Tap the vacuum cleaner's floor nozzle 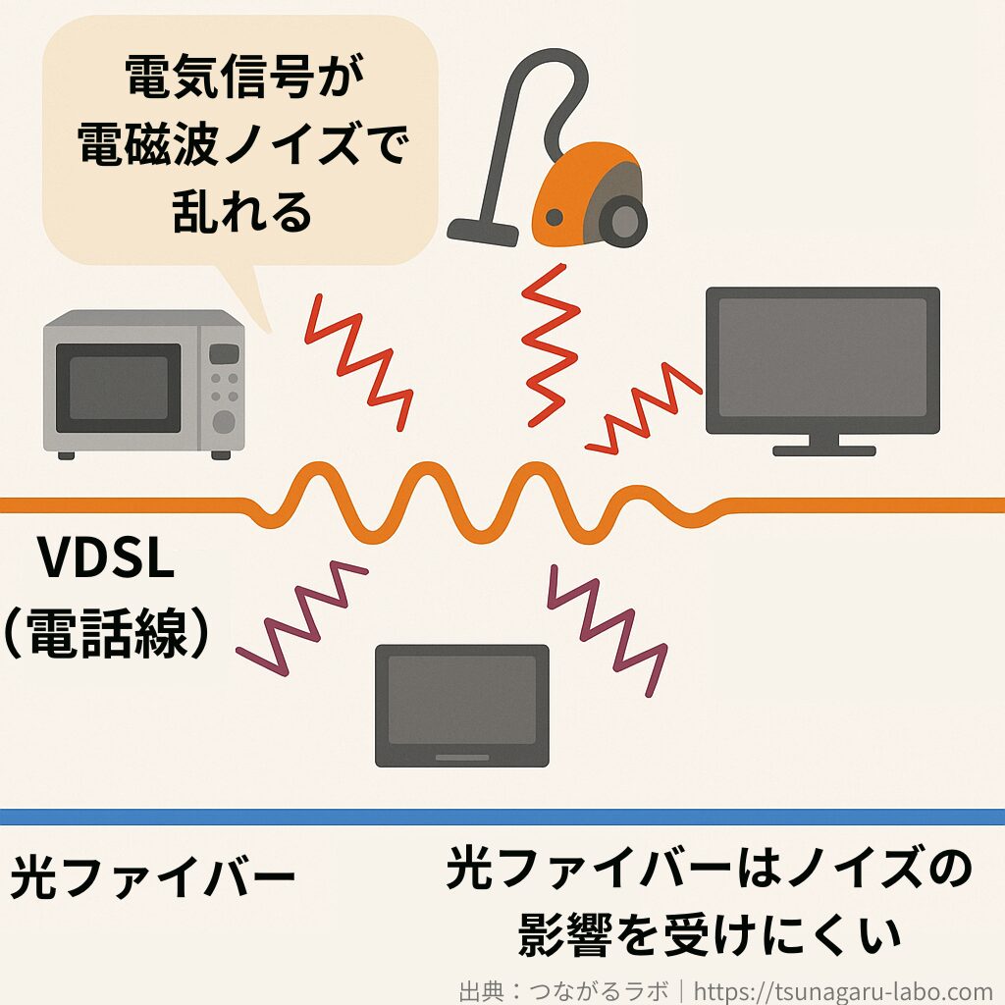pos(483,231)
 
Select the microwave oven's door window pos(118,388)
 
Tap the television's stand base pos(823,450)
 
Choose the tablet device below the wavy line pos(462,705)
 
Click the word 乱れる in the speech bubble pos(241,210)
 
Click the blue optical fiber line pos(502,817)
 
